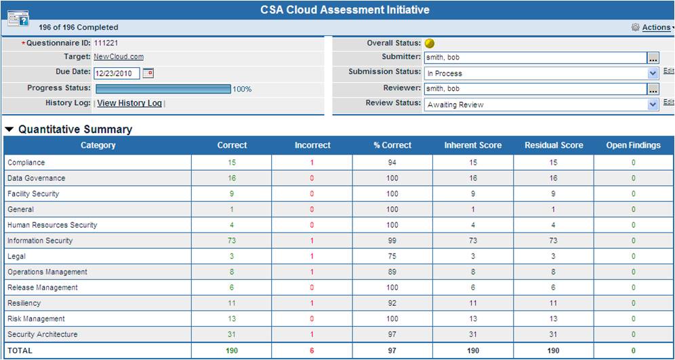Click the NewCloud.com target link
pos(119,56)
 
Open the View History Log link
pos(129,103)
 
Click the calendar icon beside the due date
pos(148,73)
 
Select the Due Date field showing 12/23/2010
pos(117,73)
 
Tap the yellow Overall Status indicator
pos(429,43)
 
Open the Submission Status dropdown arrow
pos(653,73)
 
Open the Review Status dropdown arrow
pos(653,104)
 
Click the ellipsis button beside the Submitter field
pos(653,58)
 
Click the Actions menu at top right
pos(656,28)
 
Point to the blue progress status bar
pos(163,89)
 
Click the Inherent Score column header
pos(472,145)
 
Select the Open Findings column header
pos(633,145)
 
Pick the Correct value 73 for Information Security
pos(232,241)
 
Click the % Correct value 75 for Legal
pos(392,256)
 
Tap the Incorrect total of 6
pos(312,351)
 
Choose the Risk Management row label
pos(36,319)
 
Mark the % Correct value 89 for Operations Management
pos(392,272)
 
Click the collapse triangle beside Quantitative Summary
pos(9,129)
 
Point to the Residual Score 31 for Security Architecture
pos(553,334)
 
